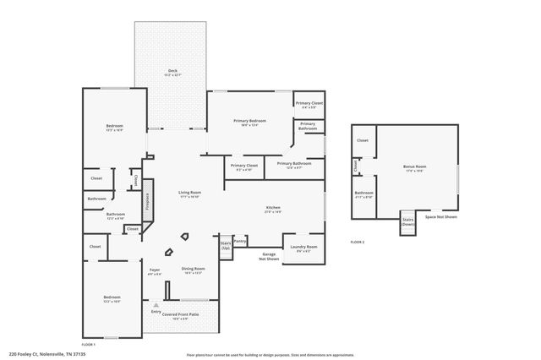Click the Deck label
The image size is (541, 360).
(x=172, y=71)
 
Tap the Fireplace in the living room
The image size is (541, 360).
(x=147, y=201)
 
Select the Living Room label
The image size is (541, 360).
(x=189, y=194)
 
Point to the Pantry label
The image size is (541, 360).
(x=240, y=241)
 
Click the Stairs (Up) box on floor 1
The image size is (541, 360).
(x=226, y=245)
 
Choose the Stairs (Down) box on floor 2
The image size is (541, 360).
(x=408, y=223)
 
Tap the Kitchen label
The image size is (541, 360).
(x=273, y=208)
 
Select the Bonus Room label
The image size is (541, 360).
(x=414, y=166)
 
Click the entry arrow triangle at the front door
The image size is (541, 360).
(x=156, y=305)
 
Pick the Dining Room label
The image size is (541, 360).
(x=193, y=269)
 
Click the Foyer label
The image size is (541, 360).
(x=155, y=270)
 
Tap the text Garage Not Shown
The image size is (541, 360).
(x=269, y=256)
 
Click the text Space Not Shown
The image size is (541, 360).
(x=440, y=217)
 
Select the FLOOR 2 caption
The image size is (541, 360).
(x=357, y=243)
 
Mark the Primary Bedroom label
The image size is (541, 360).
(x=249, y=121)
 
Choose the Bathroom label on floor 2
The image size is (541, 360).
(x=363, y=193)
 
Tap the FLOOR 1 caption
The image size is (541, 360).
(x=88, y=345)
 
